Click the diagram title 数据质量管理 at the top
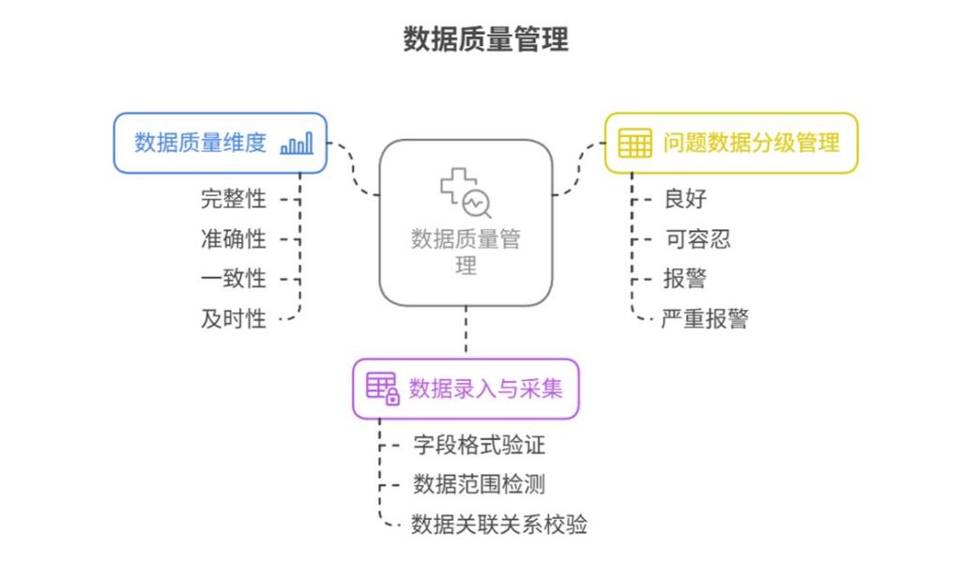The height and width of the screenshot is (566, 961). pyautogui.click(x=485, y=39)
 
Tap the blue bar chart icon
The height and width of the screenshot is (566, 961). pyautogui.click(x=297, y=144)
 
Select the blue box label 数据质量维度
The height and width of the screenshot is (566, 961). pyautogui.click(x=201, y=143)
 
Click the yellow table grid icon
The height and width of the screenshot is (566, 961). pyautogui.click(x=634, y=143)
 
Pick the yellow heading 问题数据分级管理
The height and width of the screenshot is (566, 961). pyautogui.click(x=751, y=143)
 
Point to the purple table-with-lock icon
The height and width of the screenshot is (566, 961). pyautogui.click(x=383, y=389)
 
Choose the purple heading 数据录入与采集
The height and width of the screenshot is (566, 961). pyautogui.click(x=485, y=389)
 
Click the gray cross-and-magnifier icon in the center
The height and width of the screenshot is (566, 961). pyautogui.click(x=465, y=192)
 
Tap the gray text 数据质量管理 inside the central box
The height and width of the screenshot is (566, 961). pyautogui.click(x=465, y=252)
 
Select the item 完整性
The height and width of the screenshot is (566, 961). pyautogui.click(x=234, y=199)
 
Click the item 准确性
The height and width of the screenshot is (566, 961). pyautogui.click(x=234, y=239)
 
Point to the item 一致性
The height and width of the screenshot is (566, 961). pyautogui.click(x=234, y=279)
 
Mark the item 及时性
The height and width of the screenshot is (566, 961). pyautogui.click(x=234, y=319)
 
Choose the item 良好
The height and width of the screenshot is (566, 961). pyautogui.click(x=685, y=199)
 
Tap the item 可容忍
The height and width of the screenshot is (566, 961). pyautogui.click(x=697, y=239)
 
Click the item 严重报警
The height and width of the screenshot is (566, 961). pyautogui.click(x=705, y=319)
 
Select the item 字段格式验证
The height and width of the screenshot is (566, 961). pyautogui.click(x=480, y=445)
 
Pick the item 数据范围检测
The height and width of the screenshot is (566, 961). pyautogui.click(x=480, y=484)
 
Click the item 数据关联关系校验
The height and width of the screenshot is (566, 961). pyautogui.click(x=499, y=525)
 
